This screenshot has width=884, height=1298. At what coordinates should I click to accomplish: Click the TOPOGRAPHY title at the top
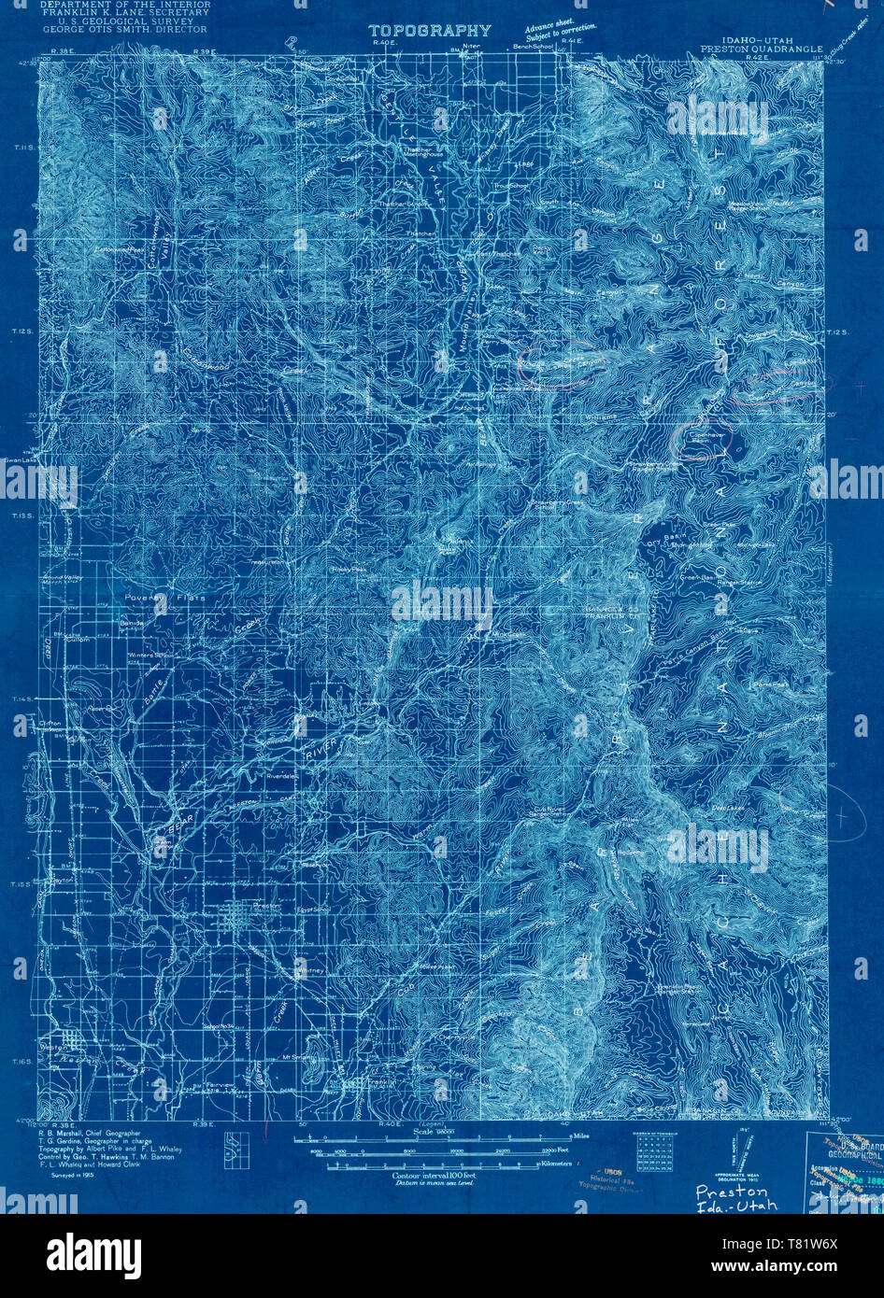(x=429, y=31)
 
